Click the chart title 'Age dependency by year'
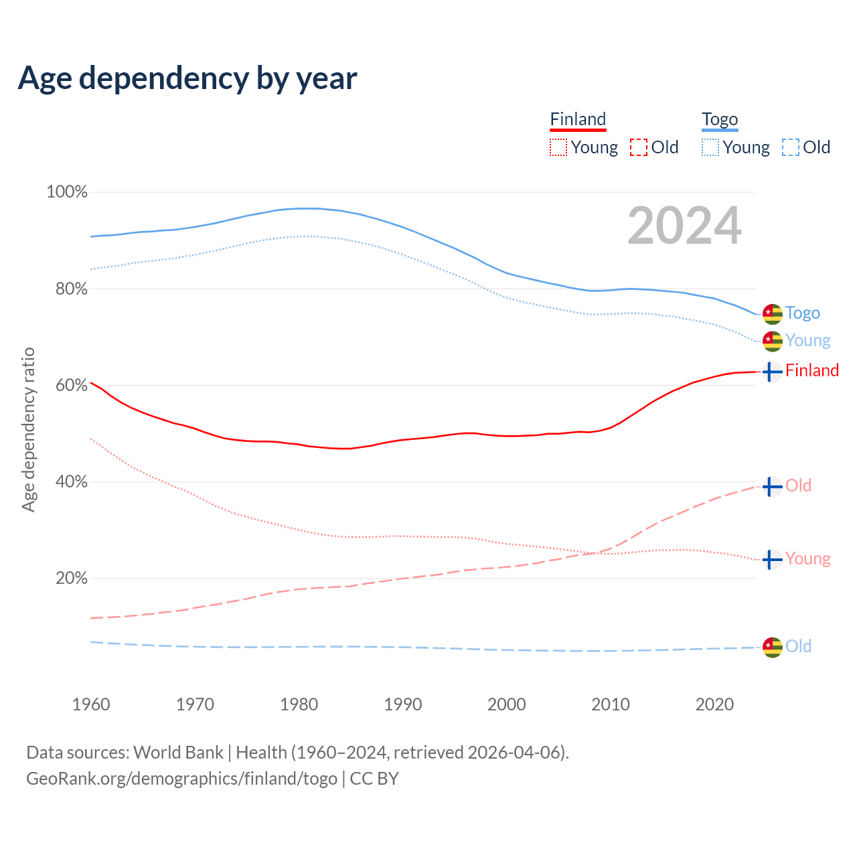coord(187,78)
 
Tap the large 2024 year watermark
coord(684,226)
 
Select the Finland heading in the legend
coord(578,120)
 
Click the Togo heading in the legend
coord(720,120)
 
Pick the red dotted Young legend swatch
coord(558,147)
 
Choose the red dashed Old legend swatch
coord(639,147)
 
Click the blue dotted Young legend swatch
coord(710,147)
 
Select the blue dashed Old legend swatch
coord(791,147)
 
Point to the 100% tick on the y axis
coord(67,192)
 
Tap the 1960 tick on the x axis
coord(91,704)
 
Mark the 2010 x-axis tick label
coord(611,704)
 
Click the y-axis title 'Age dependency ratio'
coord(29,429)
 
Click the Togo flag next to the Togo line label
coord(773,313)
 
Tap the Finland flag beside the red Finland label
coord(773,372)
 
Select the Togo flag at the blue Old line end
coord(773,647)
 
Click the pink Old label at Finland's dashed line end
coord(798,485)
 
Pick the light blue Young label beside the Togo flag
coord(808,341)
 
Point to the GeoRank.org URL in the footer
coord(181,779)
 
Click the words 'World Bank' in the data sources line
coord(179,753)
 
